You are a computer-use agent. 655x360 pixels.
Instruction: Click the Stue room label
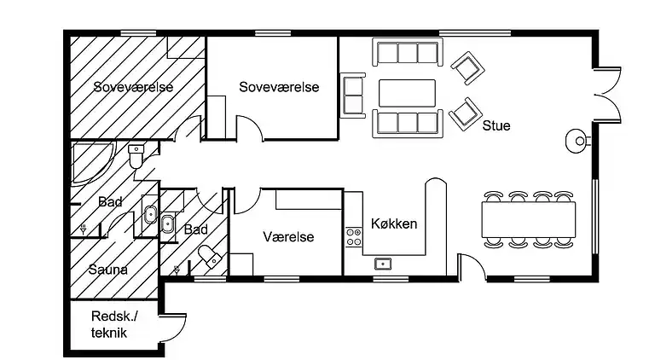pos(496,126)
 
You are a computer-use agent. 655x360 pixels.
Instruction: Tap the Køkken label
pos(394,224)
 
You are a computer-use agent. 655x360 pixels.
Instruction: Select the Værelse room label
pos(288,236)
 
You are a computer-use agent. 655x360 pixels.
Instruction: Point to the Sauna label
pos(107,270)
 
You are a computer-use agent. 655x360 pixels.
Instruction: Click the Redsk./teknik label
pos(110,325)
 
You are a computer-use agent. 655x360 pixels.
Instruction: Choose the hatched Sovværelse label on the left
pos(134,87)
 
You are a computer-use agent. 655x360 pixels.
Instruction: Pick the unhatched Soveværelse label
pos(279,87)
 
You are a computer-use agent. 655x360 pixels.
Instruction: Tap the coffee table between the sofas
pos(408,90)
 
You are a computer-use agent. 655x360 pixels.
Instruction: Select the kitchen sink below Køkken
pos(383,263)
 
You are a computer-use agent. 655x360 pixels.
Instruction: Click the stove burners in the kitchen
pos(353,236)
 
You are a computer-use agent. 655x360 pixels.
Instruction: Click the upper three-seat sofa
pos(407,54)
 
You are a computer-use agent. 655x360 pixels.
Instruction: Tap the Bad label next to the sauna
pos(110,203)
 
